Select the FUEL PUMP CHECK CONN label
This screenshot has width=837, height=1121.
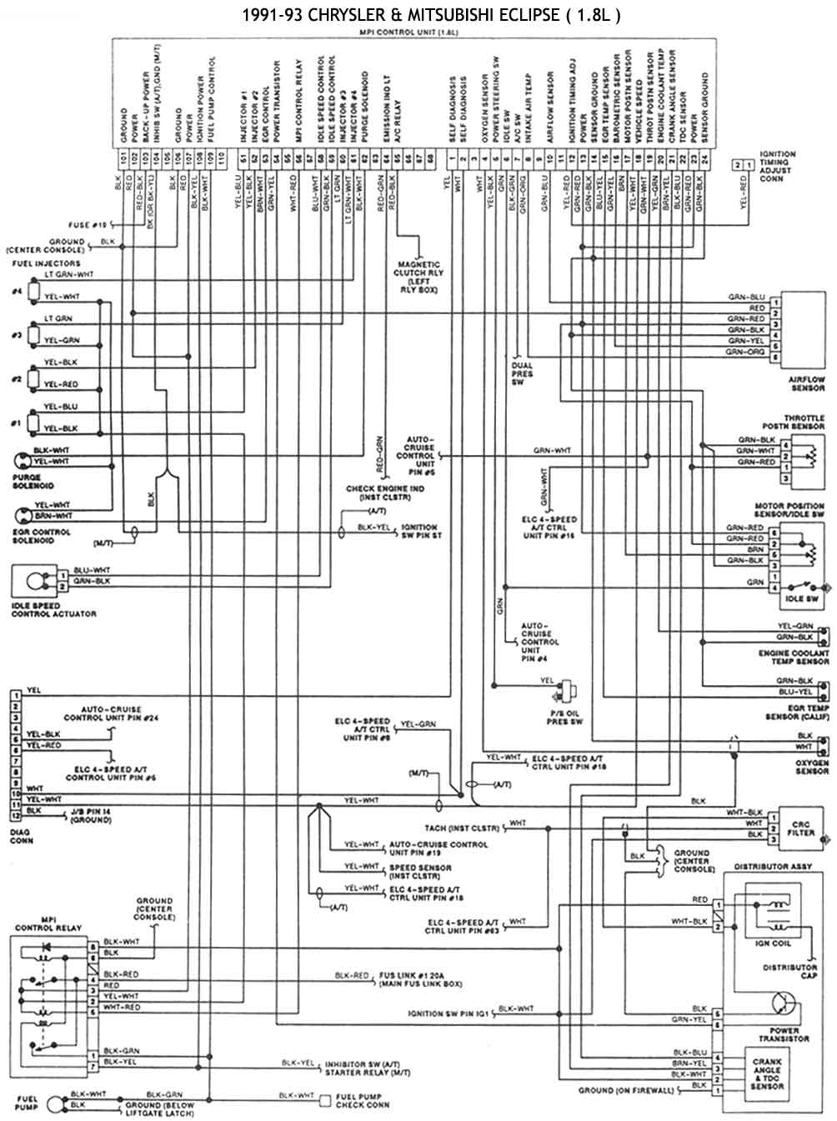pos(363,1100)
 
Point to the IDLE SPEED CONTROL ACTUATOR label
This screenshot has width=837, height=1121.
pos(53,609)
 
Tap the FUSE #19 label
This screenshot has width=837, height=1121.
pos(89,225)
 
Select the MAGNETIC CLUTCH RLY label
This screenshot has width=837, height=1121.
pos(419,276)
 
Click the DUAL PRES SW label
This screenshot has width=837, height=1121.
pos(523,374)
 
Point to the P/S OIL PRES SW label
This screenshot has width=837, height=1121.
pos(564,717)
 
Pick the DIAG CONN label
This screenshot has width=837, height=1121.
pos(22,836)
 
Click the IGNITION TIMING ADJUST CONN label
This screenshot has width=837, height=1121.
pos(777,167)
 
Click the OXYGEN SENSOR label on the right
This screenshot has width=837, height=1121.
pos(811,767)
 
